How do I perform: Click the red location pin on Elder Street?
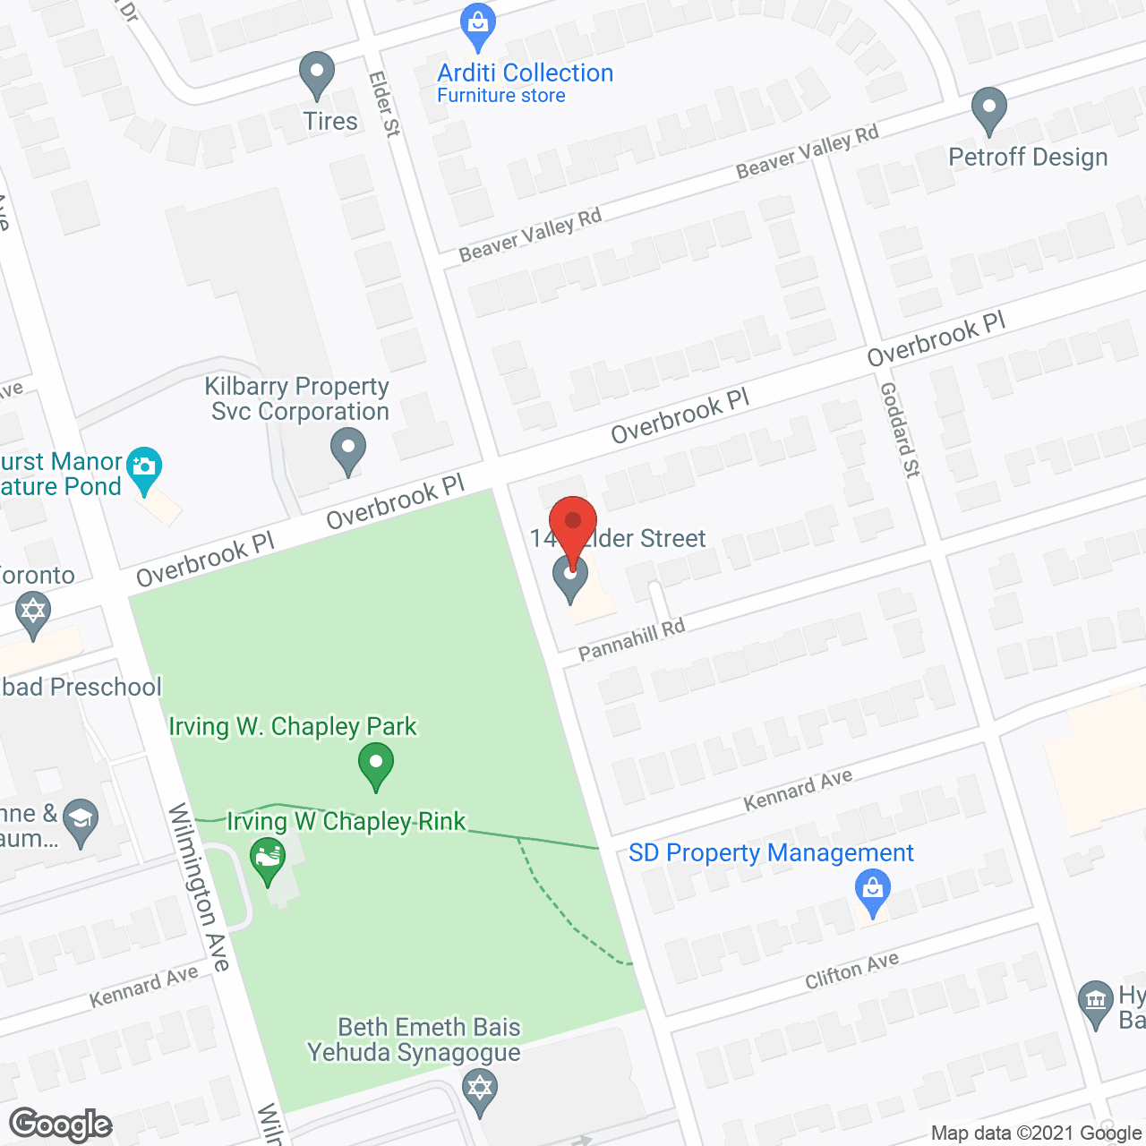(x=572, y=522)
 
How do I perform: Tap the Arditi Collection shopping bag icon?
(x=478, y=26)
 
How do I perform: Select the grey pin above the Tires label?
(x=316, y=73)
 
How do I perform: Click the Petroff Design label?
(x=1028, y=158)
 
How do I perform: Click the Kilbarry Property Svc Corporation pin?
(x=347, y=449)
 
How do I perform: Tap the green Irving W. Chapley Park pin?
(x=376, y=766)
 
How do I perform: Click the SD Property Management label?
(x=771, y=853)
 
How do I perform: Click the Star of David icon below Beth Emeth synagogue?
(x=481, y=1090)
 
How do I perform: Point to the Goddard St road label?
(x=899, y=430)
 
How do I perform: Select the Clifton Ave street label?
(x=851, y=971)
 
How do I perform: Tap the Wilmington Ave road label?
(x=200, y=887)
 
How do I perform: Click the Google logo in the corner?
(x=60, y=1125)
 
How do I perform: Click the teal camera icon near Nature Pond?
(x=144, y=467)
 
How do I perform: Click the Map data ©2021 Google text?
(x=1036, y=1133)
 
